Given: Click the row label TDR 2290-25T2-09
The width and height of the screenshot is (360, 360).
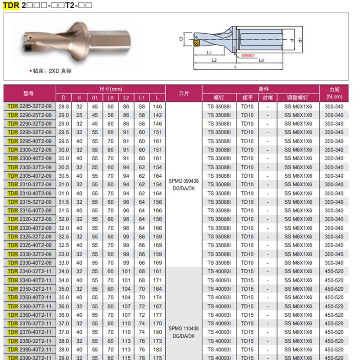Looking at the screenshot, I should click(30, 115).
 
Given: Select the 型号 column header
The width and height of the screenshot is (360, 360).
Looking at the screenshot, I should click(29, 93).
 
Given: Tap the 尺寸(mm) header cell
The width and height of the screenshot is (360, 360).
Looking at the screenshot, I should click(110, 89).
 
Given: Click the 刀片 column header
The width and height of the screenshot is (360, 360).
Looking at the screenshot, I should click(184, 93).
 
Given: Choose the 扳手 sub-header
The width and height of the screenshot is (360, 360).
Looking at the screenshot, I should click(247, 98).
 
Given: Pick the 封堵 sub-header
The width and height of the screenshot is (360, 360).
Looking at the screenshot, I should click(268, 98).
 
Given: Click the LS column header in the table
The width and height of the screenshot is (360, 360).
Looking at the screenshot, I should click(110, 98).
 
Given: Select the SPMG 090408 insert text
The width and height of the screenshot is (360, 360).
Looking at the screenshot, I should click(184, 180).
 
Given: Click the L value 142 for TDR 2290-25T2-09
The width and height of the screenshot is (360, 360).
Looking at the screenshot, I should click(157, 115).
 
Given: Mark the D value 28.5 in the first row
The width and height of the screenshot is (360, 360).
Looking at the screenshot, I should click(64, 107).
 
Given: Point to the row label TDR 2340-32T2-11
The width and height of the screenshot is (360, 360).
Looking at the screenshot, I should click(30, 272).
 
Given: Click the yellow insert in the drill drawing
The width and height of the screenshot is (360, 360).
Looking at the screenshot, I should click(196, 44).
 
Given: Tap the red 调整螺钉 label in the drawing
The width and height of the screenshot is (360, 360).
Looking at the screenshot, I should click(248, 55).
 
